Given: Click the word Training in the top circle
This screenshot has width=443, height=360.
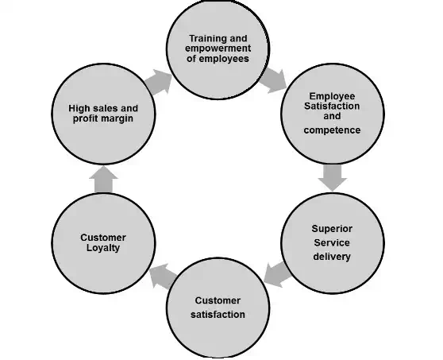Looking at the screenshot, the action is tap(206, 39).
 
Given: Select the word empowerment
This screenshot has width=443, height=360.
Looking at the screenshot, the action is tap(218, 48).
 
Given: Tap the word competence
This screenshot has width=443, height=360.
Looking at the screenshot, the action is tap(332, 130).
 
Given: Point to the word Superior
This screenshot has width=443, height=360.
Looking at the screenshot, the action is tap(332, 229).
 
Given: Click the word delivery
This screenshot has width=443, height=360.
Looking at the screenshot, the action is tap(332, 257).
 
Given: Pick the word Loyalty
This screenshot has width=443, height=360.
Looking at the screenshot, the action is tap(103, 248).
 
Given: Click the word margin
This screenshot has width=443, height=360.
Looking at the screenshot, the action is tap(117, 118).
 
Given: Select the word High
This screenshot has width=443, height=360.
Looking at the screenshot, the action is tap(79, 108).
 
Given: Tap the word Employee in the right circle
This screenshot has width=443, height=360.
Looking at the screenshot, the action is tap(332, 96).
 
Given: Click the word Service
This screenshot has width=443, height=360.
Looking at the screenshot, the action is tap(332, 242).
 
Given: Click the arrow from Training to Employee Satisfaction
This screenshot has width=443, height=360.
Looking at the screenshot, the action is tap(273, 80).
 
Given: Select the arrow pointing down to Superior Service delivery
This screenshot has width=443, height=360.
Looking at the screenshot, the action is tap(332, 177).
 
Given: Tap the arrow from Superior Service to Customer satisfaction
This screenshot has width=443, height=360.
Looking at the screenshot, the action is tap(277, 273).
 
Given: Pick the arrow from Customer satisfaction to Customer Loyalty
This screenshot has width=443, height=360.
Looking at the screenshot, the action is tap(164, 277).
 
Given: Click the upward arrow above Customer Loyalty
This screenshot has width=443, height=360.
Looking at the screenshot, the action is tap(103, 180).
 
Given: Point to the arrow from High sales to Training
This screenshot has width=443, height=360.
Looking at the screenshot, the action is tap(158, 82).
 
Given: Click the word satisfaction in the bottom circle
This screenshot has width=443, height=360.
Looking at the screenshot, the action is tap(218, 315).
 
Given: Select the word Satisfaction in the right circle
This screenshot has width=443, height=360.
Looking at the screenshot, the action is tap(332, 106).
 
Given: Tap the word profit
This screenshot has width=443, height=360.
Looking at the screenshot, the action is tap(86, 118).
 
